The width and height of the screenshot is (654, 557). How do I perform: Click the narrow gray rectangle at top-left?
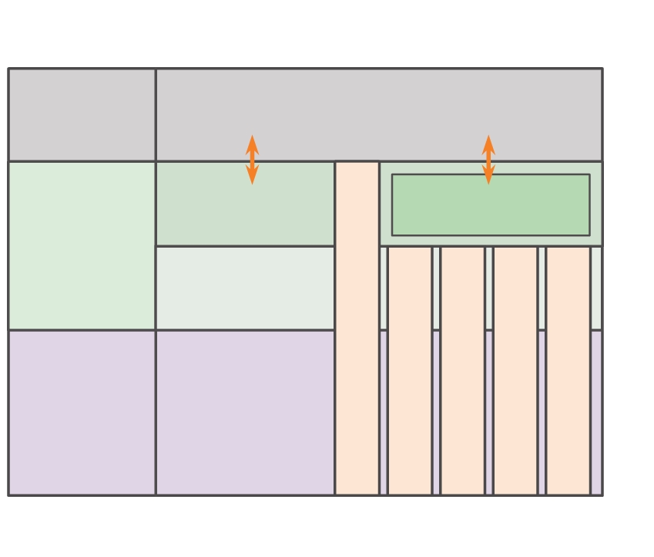coord(82,114)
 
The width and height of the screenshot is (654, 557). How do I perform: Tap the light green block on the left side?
coord(82,245)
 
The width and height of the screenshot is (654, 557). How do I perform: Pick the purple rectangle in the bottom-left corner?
coord(82,412)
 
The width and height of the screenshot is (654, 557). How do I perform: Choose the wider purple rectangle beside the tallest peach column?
coord(245,412)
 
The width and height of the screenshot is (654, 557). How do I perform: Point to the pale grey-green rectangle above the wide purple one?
coord(245,288)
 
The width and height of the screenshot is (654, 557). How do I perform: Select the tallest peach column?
coord(357,328)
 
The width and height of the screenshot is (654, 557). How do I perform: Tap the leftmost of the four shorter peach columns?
coord(410,370)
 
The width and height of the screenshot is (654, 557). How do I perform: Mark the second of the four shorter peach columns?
coord(462,370)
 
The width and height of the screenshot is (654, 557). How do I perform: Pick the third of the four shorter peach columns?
coord(515,370)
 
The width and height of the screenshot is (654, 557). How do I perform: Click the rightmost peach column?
coord(568,370)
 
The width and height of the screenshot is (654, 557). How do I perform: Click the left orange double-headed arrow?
coord(252,160)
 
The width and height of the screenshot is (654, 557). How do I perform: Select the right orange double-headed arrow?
coord(488,160)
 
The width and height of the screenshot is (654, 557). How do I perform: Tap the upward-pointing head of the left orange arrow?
coord(252,142)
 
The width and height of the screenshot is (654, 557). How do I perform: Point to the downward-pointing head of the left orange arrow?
coord(252,177)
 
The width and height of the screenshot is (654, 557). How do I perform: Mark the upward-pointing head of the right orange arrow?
coord(488,142)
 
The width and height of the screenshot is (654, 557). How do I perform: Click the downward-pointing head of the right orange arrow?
coord(488,177)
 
